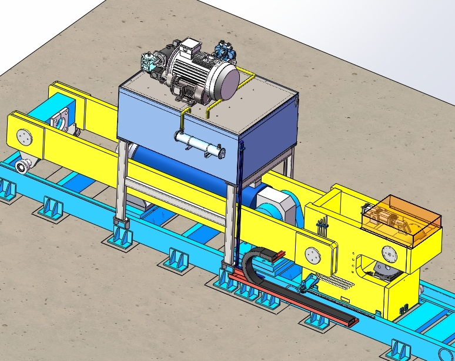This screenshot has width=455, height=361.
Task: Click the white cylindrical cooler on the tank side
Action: click(200, 144)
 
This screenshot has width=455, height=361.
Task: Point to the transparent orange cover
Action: click(402, 217)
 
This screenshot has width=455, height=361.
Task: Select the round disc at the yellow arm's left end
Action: click(24, 136)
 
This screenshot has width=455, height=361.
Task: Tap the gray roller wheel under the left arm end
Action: click(24, 167)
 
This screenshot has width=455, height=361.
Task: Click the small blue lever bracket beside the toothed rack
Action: click(304, 286)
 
